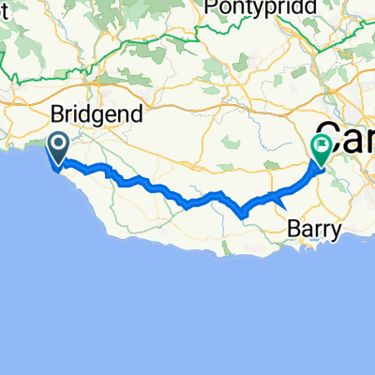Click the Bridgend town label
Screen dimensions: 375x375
96,115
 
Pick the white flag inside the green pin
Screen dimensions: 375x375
322,146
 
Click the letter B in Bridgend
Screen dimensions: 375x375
57,114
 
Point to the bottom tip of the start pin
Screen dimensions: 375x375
57,166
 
